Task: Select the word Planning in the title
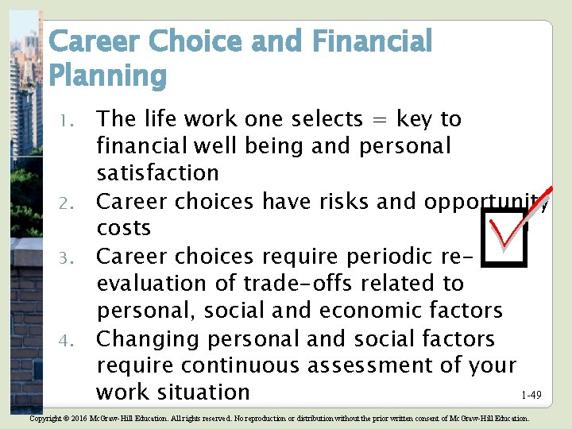pyautogui.click(x=107, y=76)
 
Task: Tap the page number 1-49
pyautogui.click(x=531, y=395)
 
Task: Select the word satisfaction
pyautogui.click(x=157, y=173)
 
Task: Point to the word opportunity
pyautogui.click(x=485, y=202)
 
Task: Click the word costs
pyautogui.click(x=123, y=228)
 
